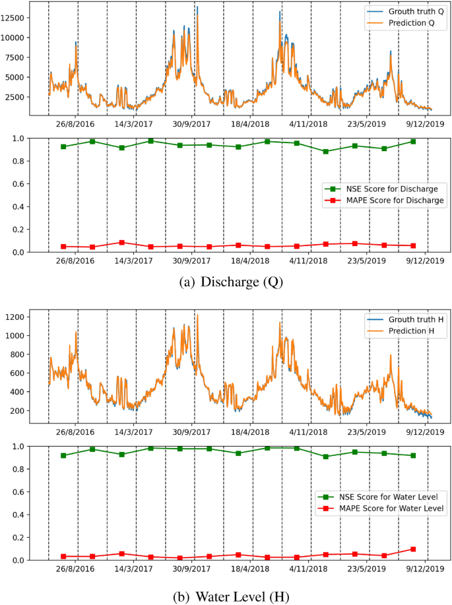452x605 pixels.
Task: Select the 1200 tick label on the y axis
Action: click(x=28, y=317)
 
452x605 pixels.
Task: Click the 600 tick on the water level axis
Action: click(x=31, y=373)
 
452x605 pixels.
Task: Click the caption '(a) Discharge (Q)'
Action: click(x=226, y=284)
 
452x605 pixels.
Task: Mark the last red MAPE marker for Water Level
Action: click(x=413, y=549)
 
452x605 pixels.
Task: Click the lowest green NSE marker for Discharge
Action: click(x=325, y=151)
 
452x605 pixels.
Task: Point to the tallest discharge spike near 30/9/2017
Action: click(x=197, y=8)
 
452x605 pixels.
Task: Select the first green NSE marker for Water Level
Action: click(x=63, y=455)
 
